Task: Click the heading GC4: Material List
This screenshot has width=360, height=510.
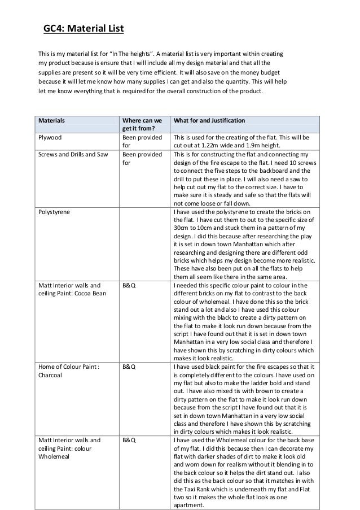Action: click(84, 28)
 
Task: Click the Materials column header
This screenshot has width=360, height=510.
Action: click(51, 120)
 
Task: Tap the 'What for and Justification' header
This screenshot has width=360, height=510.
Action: click(209, 120)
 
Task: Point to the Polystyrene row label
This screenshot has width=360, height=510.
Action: click(54, 211)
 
